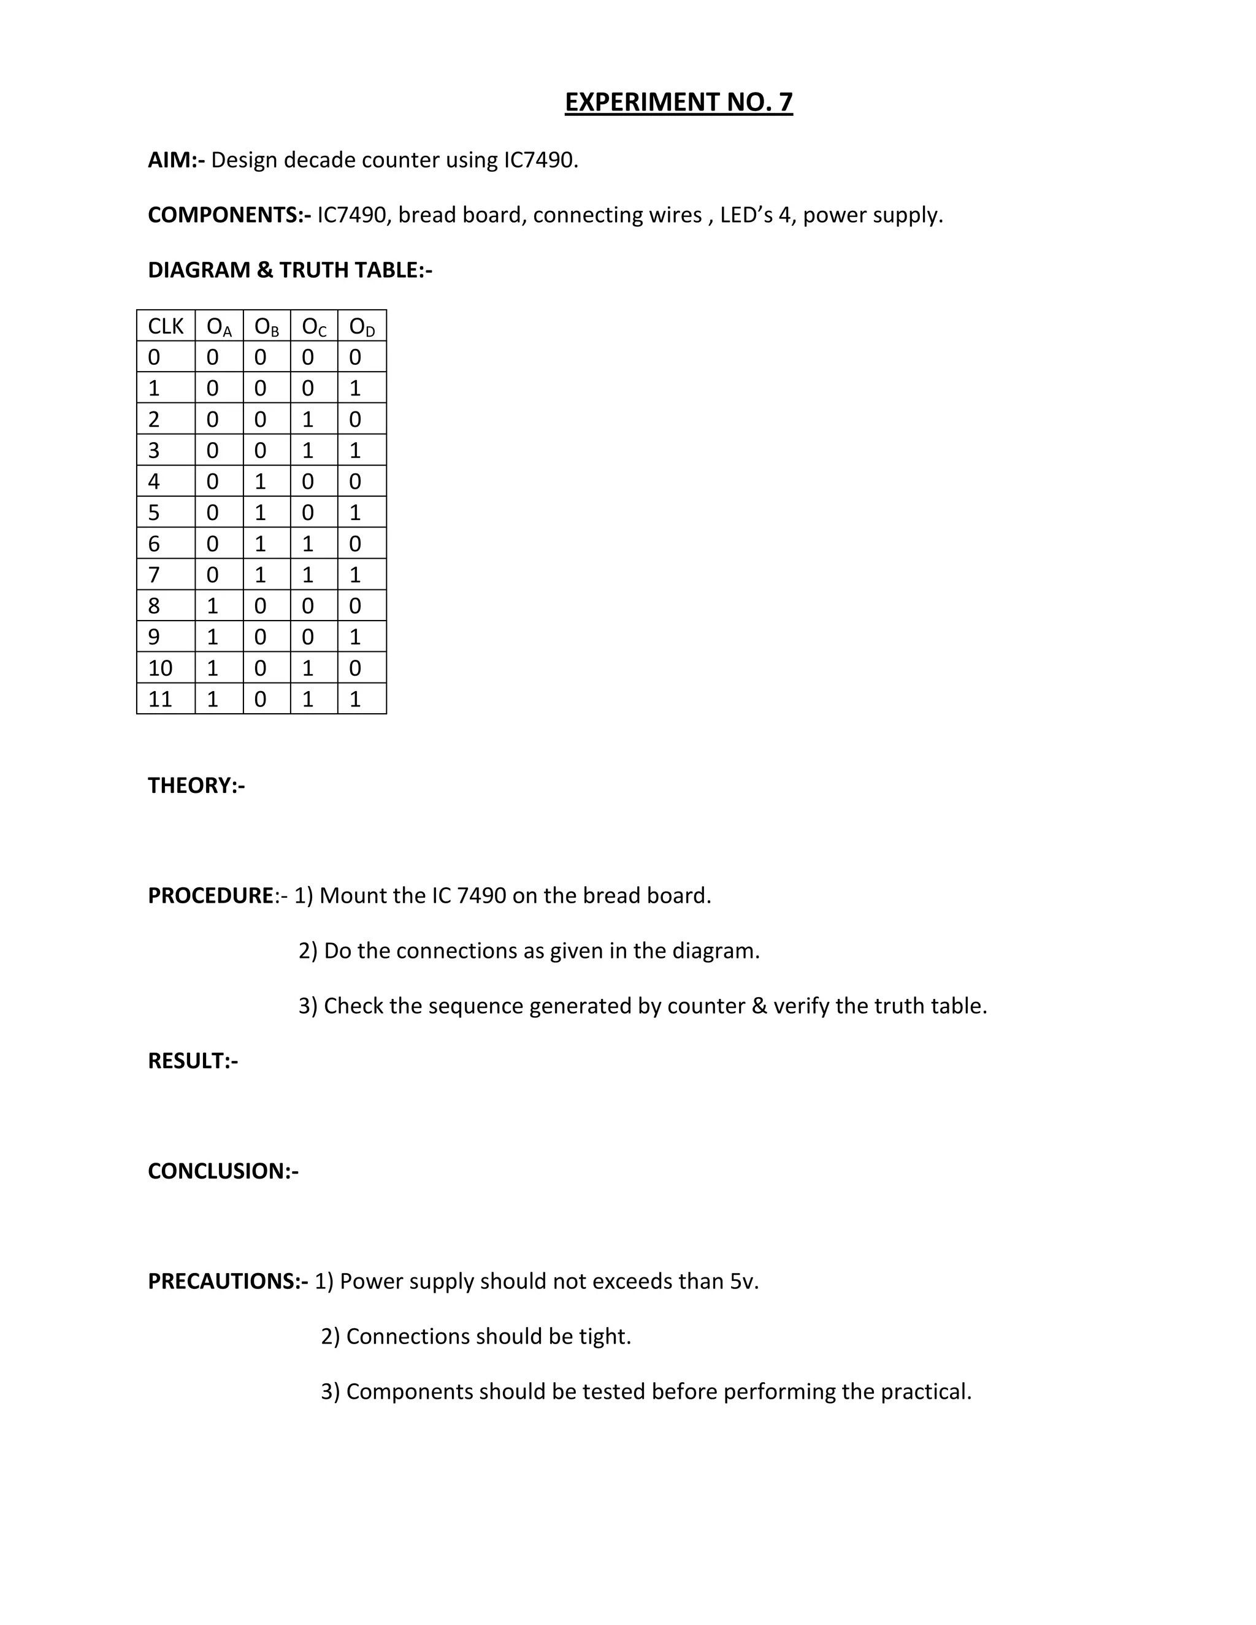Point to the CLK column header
pyautogui.click(x=165, y=326)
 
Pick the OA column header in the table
pyautogui.click(x=219, y=326)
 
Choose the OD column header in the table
pyautogui.click(x=362, y=326)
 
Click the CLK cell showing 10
pyautogui.click(x=160, y=667)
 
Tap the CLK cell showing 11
pyautogui.click(x=160, y=698)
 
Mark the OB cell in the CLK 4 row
pyautogui.click(x=261, y=481)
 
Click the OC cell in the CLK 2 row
pyautogui.click(x=308, y=419)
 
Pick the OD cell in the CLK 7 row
pyautogui.click(x=355, y=575)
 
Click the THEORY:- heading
pyautogui.click(x=196, y=785)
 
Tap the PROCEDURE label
pyautogui.click(x=210, y=895)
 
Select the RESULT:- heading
pyautogui.click(x=193, y=1060)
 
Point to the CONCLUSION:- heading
pyautogui.click(x=223, y=1171)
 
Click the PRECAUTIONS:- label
pyautogui.click(x=228, y=1280)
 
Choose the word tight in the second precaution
pyautogui.click(x=604, y=1336)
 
